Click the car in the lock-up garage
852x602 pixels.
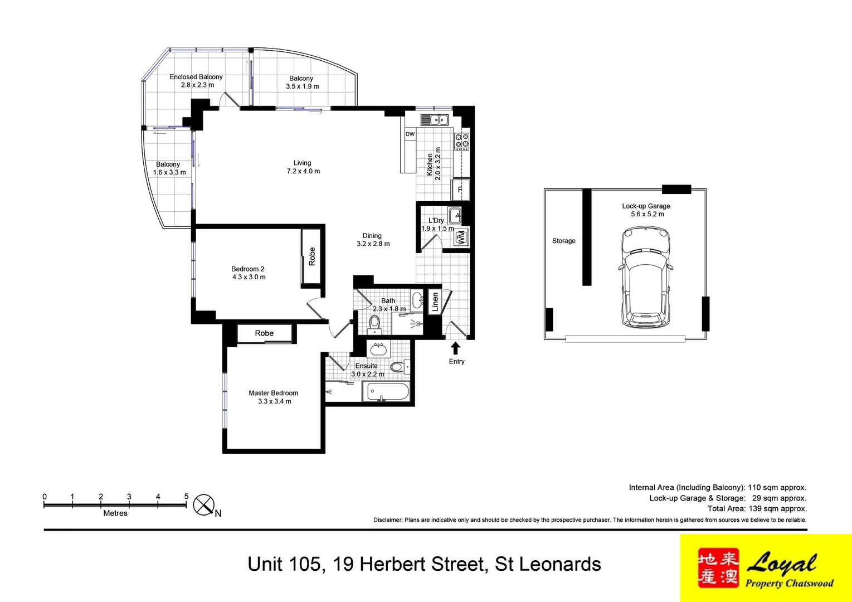(x=645, y=277)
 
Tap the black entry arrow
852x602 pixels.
(x=455, y=348)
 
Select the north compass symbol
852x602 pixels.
(x=204, y=505)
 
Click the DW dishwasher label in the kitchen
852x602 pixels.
(x=410, y=134)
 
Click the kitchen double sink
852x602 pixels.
(x=434, y=119)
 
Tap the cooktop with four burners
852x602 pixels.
(x=462, y=141)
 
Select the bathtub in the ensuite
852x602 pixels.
(x=387, y=392)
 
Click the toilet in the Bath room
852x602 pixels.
(x=374, y=322)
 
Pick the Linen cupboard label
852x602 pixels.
(x=435, y=302)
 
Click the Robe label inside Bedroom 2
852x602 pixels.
(x=312, y=256)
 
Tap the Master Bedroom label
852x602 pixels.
(x=273, y=393)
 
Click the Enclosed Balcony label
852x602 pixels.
(x=196, y=77)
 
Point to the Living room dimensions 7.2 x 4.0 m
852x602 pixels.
(x=303, y=171)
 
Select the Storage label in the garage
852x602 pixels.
(x=563, y=241)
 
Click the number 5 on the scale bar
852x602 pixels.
(x=186, y=496)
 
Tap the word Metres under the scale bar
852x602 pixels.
(x=115, y=513)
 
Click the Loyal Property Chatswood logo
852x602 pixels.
(x=766, y=568)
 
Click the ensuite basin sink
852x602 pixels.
(x=379, y=349)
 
